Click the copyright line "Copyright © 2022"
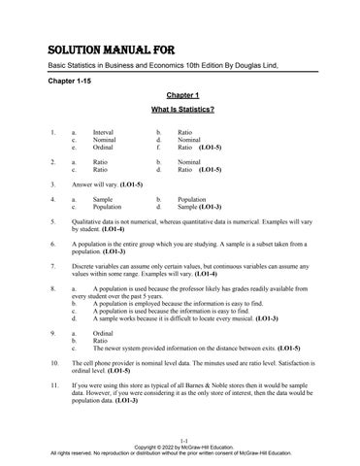click(x=156, y=447)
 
